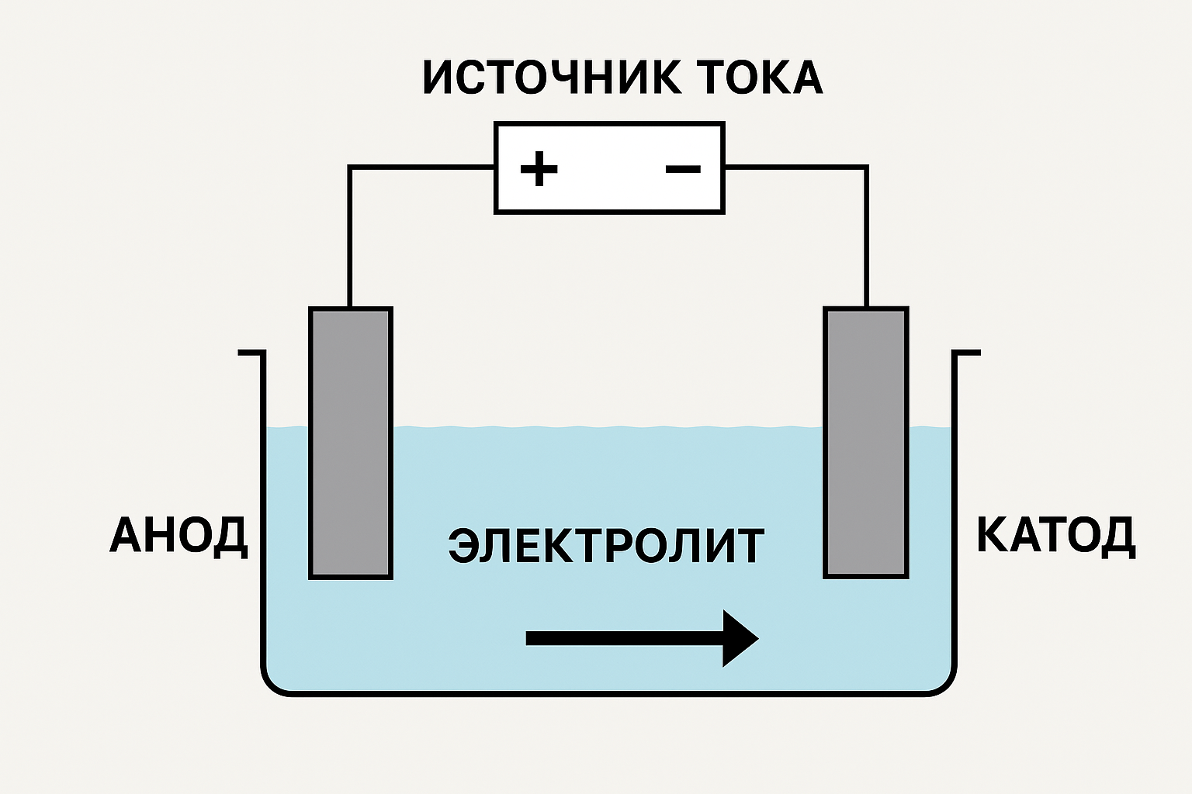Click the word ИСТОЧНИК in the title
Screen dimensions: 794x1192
click(551, 78)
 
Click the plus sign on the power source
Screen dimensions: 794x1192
click(539, 168)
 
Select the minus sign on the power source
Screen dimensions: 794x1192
click(683, 168)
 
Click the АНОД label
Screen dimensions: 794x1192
click(178, 535)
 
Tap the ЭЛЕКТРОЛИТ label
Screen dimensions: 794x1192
click(606, 545)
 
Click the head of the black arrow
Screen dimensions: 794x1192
click(740, 638)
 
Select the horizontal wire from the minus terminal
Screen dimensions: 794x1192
click(795, 167)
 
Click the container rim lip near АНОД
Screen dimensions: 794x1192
click(251, 353)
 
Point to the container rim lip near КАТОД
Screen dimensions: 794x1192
click(966, 353)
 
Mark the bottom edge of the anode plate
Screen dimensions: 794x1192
click(351, 576)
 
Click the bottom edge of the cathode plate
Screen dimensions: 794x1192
click(865, 576)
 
